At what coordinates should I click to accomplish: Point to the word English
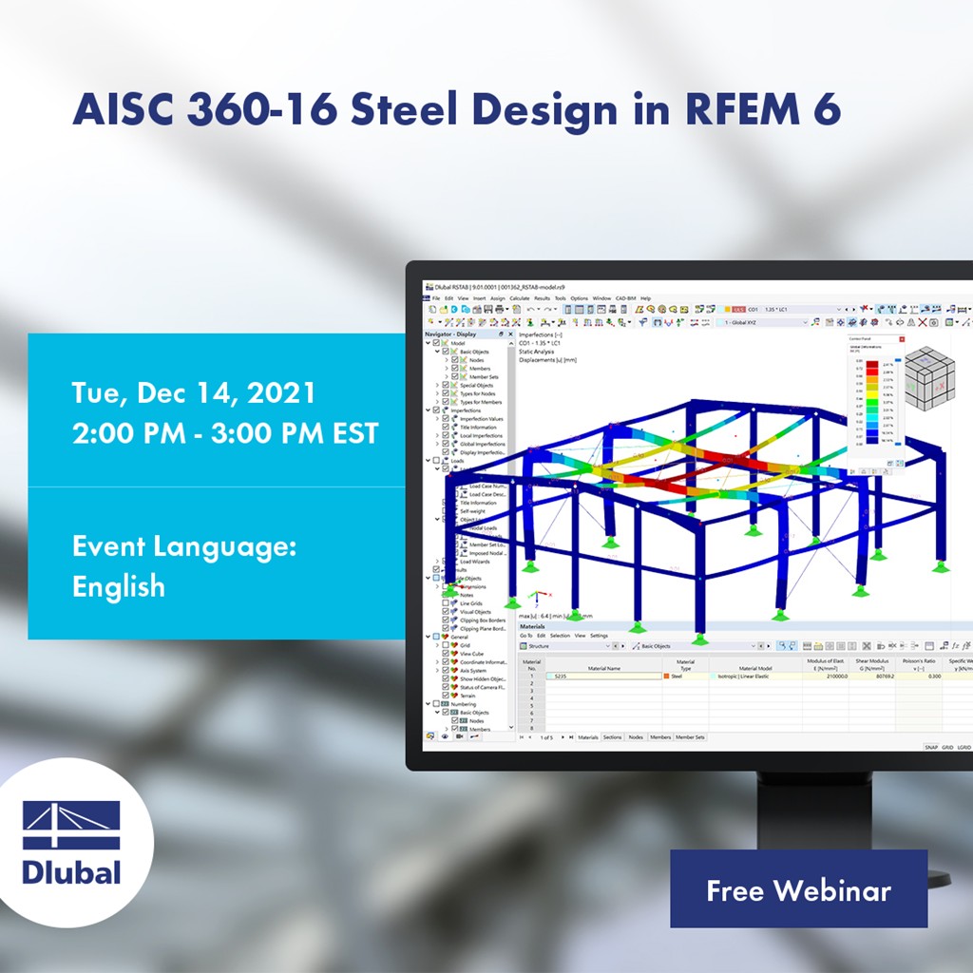pos(119,586)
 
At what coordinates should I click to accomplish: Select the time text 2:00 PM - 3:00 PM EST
pos(225,433)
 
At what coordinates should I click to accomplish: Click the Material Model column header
pos(754,668)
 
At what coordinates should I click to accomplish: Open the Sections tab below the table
pos(612,736)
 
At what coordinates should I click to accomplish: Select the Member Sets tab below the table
pos(690,736)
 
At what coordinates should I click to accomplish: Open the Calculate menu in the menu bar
pos(520,298)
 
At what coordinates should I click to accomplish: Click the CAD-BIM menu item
pos(626,298)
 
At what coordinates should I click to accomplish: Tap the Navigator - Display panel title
pos(451,334)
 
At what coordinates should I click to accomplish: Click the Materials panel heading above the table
pos(532,627)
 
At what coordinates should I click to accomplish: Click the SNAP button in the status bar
pos(930,748)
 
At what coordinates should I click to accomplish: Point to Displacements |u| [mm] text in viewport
pos(549,360)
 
